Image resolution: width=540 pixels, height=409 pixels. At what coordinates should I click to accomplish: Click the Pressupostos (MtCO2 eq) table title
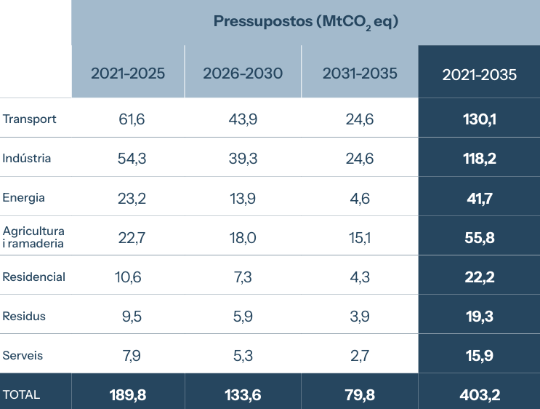(x=306, y=21)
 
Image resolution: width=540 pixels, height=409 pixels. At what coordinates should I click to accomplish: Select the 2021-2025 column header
(x=128, y=74)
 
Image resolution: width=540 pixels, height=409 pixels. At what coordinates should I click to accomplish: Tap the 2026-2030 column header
(x=243, y=74)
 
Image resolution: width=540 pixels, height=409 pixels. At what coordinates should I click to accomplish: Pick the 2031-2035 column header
(x=360, y=74)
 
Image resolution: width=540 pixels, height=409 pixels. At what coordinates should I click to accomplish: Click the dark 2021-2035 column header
(x=479, y=74)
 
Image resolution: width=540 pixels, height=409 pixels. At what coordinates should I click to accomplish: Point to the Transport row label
(x=30, y=119)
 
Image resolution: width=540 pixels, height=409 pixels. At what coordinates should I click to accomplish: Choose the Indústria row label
(x=27, y=158)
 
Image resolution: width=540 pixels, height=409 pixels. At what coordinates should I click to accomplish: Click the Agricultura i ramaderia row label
(x=33, y=237)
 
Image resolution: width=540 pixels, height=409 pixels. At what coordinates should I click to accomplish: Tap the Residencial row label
(x=34, y=277)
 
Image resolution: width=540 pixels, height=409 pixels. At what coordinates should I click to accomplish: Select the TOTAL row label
(x=22, y=394)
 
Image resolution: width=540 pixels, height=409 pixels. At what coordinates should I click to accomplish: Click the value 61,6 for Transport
(x=132, y=119)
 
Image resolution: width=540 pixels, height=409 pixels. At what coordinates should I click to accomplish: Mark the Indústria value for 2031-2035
(x=360, y=159)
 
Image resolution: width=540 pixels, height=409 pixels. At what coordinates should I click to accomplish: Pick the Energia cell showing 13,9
(x=243, y=198)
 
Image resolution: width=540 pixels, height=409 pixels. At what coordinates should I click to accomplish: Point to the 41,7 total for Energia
(x=479, y=198)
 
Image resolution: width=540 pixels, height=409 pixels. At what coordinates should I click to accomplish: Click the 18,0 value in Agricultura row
(x=243, y=237)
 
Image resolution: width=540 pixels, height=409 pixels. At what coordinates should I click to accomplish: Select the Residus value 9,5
(x=132, y=316)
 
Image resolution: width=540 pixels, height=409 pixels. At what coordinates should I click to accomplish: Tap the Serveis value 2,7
(x=360, y=355)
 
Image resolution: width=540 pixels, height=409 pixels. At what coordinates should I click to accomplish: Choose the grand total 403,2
(x=479, y=394)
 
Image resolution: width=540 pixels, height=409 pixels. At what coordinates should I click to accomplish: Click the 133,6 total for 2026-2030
(x=243, y=394)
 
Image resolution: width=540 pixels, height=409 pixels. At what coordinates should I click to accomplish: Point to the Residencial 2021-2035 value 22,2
(x=479, y=277)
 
